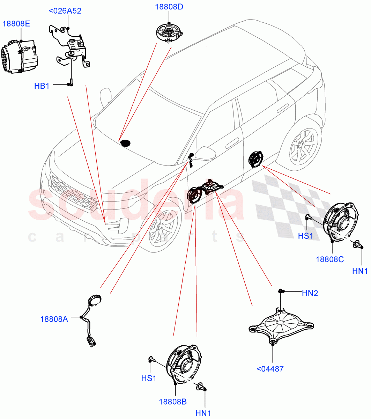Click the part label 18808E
(x=16, y=24)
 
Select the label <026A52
(x=65, y=11)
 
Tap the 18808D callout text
(x=169, y=7)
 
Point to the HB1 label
(x=42, y=86)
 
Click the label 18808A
(x=54, y=319)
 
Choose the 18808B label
(x=173, y=402)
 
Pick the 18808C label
(x=330, y=259)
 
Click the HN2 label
(x=310, y=293)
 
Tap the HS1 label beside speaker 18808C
(x=306, y=236)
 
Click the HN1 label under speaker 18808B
(x=203, y=413)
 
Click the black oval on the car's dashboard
(x=125, y=143)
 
